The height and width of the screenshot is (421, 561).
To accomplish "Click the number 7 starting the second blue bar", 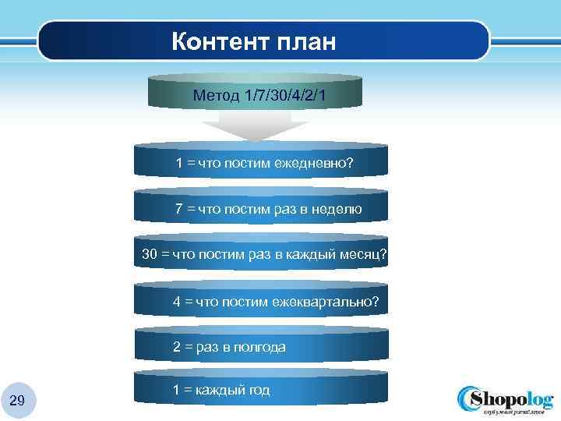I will point(179,209).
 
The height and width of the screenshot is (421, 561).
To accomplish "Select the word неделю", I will point(336,209).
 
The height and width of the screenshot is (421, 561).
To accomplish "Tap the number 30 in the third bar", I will point(150,255).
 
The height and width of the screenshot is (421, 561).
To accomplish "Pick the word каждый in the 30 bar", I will point(312,255).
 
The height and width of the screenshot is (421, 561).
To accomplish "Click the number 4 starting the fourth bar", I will point(177,301).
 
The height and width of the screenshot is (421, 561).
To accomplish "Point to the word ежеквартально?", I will point(328,301).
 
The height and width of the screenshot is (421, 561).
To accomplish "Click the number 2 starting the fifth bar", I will point(177,347).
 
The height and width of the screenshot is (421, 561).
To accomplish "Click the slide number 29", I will point(17,401).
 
